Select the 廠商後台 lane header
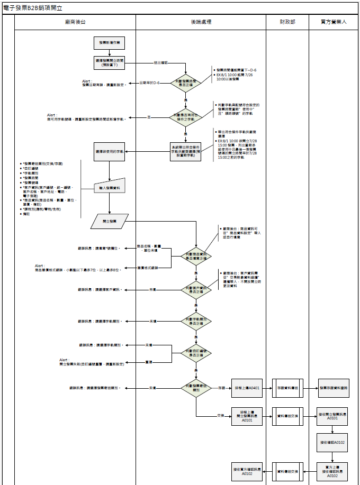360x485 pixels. [x=75, y=22]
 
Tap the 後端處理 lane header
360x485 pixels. [x=201, y=22]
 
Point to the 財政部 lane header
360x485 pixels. [x=287, y=22]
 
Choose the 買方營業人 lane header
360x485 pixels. [x=334, y=22]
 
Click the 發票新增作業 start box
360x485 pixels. [x=110, y=42]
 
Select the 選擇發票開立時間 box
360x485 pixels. [x=110, y=62]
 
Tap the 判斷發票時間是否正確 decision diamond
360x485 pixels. [x=185, y=83]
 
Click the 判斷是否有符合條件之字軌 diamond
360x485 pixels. [x=185, y=116]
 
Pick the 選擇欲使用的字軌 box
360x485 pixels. [x=110, y=151]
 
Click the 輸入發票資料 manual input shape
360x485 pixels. [x=110, y=186]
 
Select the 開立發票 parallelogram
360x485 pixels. [x=110, y=221]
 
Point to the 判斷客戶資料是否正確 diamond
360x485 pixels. [x=196, y=289]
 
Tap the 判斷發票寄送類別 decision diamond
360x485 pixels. [x=196, y=388]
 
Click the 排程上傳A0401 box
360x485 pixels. [x=247, y=388]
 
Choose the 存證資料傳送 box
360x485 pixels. [x=287, y=388]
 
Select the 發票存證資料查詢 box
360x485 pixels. [x=333, y=388]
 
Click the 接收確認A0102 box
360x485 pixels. [x=333, y=442]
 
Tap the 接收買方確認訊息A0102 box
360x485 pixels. [x=247, y=471]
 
